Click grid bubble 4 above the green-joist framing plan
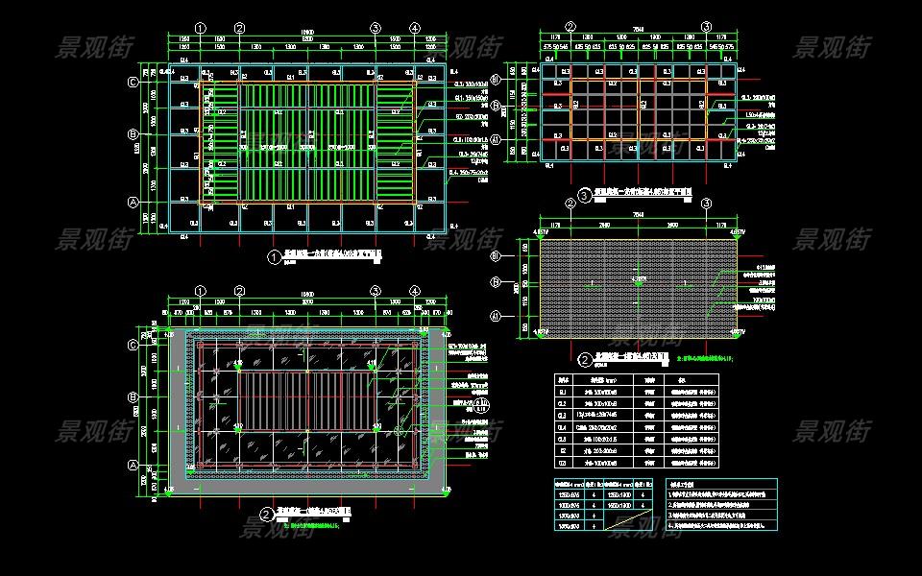(414, 28)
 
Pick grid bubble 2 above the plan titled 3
(570, 27)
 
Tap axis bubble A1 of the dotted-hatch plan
(522, 316)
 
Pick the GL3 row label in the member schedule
(565, 416)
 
